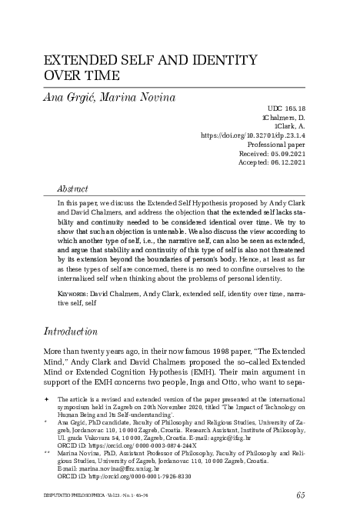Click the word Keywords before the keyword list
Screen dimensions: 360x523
(73, 294)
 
